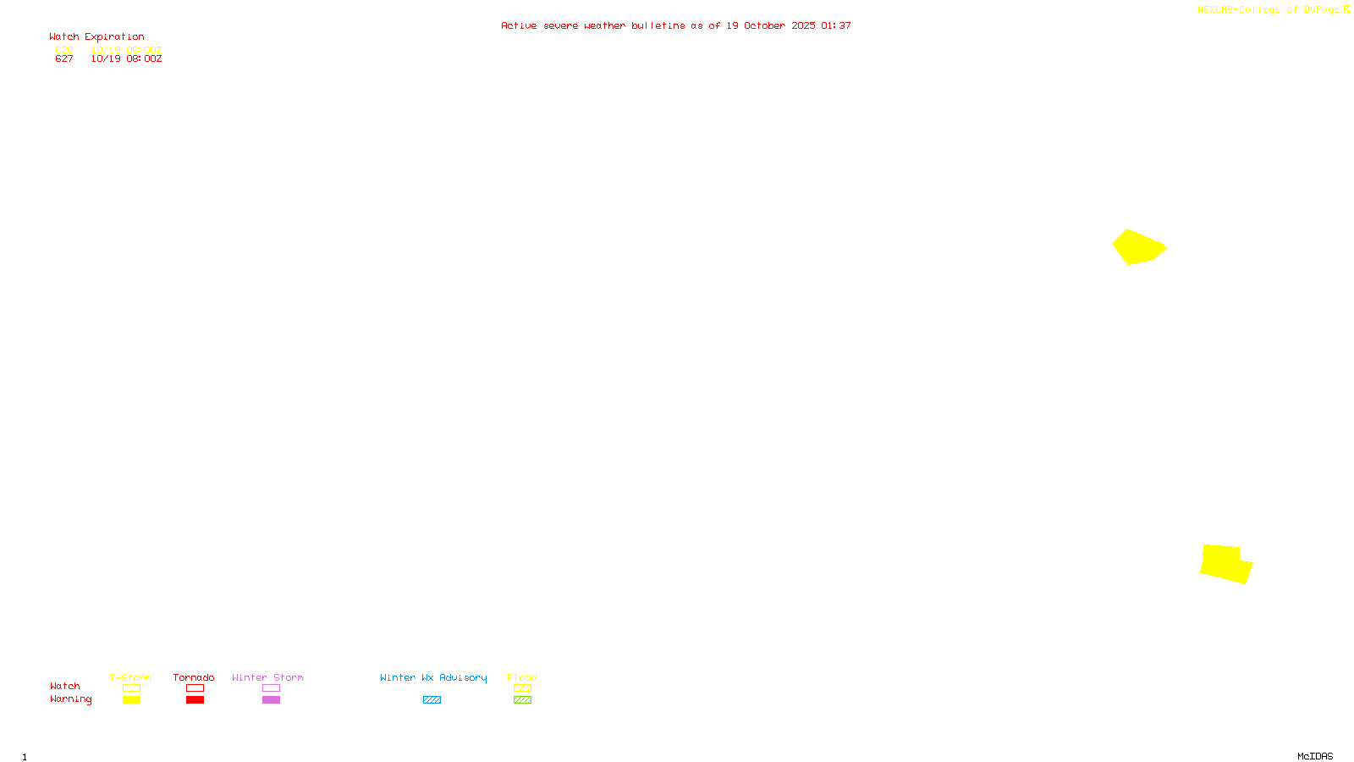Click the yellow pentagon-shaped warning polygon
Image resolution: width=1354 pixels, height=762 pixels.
[1137, 246]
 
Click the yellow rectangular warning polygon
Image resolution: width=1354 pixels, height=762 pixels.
[1225, 563]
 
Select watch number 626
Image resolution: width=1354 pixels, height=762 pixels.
[64, 50]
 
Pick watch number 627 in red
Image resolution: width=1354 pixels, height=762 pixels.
[64, 59]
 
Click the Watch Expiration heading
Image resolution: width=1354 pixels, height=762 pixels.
[96, 37]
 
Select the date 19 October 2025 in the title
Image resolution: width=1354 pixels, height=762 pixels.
[771, 25]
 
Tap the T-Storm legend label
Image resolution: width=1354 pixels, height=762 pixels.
[130, 677]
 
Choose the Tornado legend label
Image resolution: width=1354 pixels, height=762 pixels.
[194, 677]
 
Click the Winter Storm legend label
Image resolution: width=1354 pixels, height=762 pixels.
[267, 677]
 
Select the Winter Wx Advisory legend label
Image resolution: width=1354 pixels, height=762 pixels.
[433, 677]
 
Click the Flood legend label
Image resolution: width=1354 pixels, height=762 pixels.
[522, 677]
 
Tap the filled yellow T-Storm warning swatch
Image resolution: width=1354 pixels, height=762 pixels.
[131, 700]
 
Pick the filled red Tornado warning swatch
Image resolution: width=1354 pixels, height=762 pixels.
[195, 700]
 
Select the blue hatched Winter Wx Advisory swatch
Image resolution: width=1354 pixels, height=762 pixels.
[432, 700]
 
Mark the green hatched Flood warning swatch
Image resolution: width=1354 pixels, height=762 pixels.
[522, 700]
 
